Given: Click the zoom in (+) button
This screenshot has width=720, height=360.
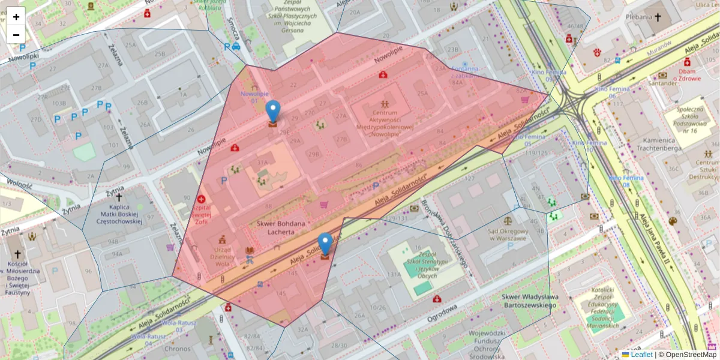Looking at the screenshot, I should tap(16, 17).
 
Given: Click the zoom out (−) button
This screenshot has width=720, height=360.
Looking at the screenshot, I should tap(16, 34).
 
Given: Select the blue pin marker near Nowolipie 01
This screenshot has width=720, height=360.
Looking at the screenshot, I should tap(273, 112).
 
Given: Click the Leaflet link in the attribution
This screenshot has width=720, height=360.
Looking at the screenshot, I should tap(641, 355).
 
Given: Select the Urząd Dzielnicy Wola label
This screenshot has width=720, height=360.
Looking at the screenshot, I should tap(223, 257).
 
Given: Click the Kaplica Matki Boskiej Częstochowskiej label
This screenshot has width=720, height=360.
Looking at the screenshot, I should tap(119, 214).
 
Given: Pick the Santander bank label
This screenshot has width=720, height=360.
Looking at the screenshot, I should tap(662, 83).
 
